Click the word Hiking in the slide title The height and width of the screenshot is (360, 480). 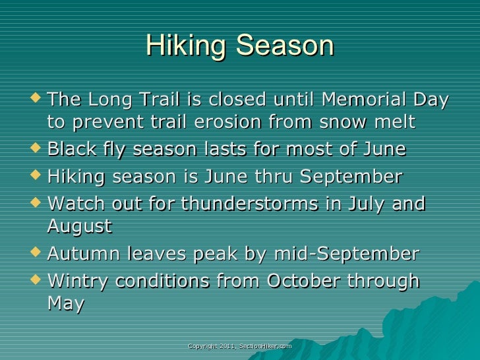186,46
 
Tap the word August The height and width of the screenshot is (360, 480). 79,227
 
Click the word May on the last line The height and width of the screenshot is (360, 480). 65,305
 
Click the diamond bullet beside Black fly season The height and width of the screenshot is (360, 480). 37,149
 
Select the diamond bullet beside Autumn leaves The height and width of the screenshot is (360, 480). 37,253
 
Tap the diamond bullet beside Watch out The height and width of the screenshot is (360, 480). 37,203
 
